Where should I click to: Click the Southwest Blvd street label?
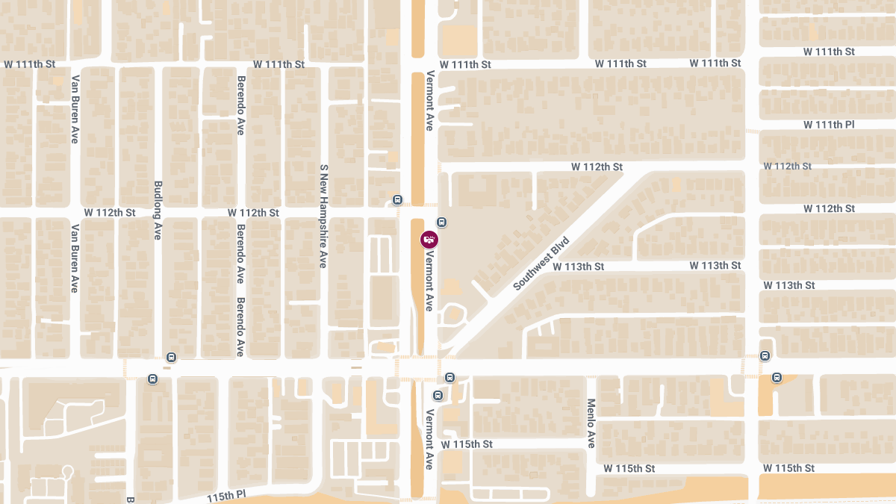541,264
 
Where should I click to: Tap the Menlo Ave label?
591,423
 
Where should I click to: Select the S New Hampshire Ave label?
323,217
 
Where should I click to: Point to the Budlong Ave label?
158,210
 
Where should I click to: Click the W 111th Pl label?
829,124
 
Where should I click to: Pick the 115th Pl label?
226,496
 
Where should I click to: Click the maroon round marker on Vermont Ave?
429,240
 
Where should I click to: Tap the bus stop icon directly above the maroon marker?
442,222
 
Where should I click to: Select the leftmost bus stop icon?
153,379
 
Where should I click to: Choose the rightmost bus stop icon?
777,378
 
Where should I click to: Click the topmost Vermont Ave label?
430,101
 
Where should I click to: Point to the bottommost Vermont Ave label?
430,439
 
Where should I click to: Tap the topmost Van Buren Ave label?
75,102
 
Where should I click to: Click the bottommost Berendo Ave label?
240,327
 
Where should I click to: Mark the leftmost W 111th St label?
30,64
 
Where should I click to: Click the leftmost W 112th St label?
110,213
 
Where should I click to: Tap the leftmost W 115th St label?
467,444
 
